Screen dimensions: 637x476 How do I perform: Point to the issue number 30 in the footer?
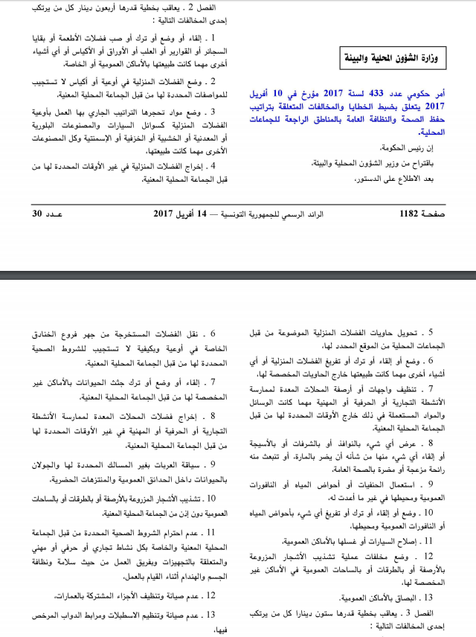38,214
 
